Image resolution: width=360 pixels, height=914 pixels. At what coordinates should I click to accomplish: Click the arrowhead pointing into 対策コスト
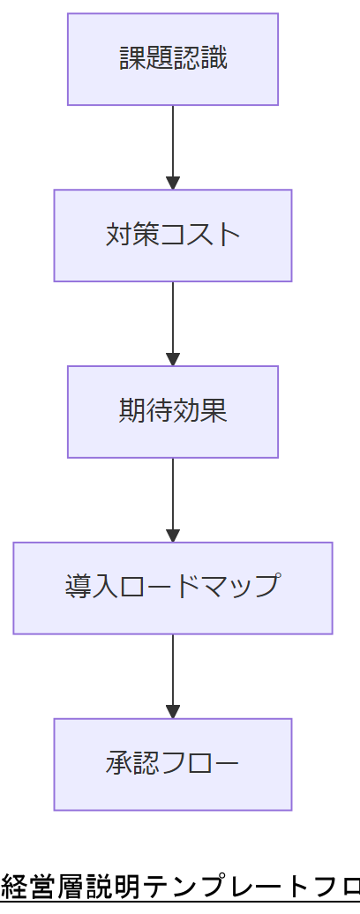(x=173, y=183)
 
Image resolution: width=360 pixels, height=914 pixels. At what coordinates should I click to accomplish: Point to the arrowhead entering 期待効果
(x=173, y=359)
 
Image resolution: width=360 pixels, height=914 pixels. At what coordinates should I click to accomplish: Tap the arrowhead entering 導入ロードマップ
(x=173, y=536)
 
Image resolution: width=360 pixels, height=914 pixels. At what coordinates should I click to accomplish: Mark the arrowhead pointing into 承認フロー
(x=173, y=712)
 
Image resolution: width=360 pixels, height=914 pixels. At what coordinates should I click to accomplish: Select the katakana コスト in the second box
(x=200, y=235)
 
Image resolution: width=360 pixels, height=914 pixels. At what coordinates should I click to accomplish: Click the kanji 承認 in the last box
(x=132, y=763)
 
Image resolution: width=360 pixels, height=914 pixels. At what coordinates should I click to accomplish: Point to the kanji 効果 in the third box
(x=200, y=411)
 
